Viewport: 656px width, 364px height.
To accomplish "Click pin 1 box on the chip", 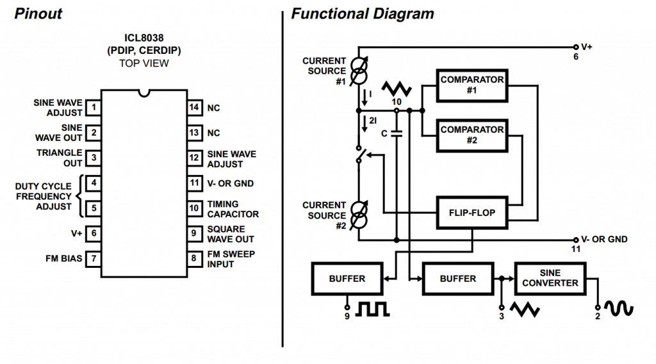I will [x=94, y=108].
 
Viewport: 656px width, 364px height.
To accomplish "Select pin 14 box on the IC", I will [x=194, y=108].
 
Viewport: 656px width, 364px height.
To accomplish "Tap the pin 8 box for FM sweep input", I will [x=194, y=259].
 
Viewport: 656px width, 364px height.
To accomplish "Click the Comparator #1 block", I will [x=472, y=85].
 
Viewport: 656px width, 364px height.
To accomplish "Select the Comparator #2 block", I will [x=472, y=135].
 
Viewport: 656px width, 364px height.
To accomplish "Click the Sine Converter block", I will [x=550, y=278].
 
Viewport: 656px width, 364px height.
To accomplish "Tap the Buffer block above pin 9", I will [x=347, y=279].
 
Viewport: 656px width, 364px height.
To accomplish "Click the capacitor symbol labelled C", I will [x=397, y=134].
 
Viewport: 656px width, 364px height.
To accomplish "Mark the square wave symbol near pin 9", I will [x=372, y=310].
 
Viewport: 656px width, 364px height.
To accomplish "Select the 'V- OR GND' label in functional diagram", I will [x=604, y=239].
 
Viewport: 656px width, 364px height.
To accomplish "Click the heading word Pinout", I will [x=38, y=13].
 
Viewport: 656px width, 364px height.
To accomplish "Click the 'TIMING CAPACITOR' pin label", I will [x=233, y=209].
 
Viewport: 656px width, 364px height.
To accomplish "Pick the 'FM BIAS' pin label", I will [x=64, y=259].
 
